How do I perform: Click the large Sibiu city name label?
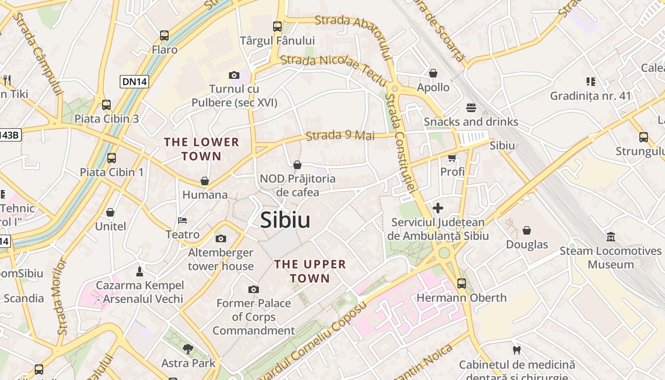tap(285, 220)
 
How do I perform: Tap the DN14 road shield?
tap(135, 82)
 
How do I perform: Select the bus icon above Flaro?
tap(164, 36)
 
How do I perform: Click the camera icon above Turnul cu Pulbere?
tap(234, 75)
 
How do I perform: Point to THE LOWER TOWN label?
tap(201, 149)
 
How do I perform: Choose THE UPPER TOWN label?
tap(310, 271)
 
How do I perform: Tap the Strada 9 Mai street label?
tap(340, 135)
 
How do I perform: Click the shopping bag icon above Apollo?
tap(433, 73)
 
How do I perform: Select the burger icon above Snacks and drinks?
tap(471, 108)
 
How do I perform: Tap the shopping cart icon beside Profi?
tap(452, 158)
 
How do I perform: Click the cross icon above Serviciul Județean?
tap(438, 208)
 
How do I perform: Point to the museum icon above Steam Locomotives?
tap(611, 237)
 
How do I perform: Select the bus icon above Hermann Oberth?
tap(461, 284)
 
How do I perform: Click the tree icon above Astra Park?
tap(188, 349)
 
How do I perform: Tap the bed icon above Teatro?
tap(182, 220)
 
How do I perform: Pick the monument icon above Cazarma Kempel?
tap(140, 271)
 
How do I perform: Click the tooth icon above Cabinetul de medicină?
tap(517, 351)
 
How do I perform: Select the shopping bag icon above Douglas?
tap(527, 230)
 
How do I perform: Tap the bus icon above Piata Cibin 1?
tap(112, 158)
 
